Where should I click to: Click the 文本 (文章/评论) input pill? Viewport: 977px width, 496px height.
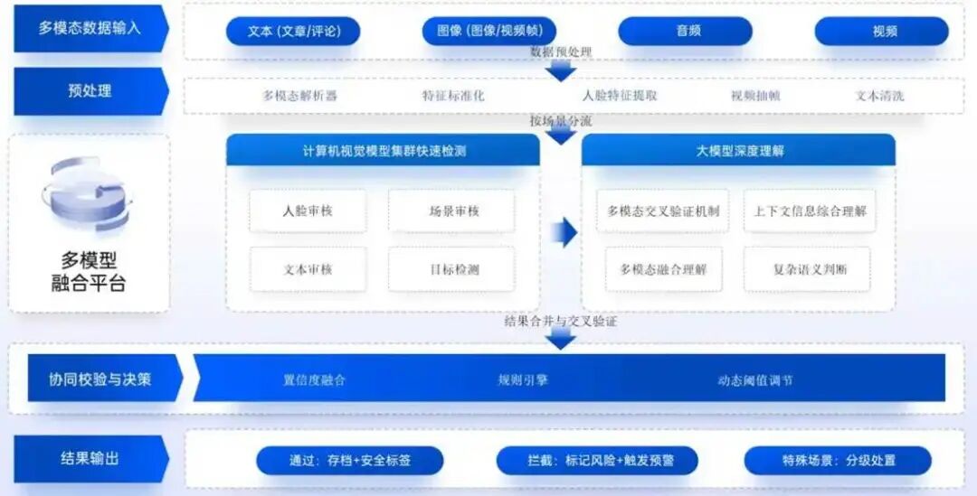(293, 32)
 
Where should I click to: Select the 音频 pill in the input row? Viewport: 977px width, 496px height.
(685, 32)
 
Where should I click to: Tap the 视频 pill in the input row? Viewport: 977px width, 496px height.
(881, 32)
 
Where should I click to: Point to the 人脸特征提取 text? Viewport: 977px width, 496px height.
(620, 96)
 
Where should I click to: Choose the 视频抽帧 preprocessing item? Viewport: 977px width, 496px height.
(754, 96)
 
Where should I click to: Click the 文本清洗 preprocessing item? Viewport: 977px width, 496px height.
(879, 96)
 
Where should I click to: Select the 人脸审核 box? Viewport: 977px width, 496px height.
(308, 211)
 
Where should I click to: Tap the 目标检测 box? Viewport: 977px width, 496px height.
(451, 269)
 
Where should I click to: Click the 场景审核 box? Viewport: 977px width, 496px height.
(451, 211)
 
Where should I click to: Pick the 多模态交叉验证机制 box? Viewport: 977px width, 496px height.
(663, 211)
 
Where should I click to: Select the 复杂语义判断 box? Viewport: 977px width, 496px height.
(807, 269)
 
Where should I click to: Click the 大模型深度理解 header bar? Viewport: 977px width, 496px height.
(738, 151)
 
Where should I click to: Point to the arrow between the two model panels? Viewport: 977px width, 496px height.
(564, 232)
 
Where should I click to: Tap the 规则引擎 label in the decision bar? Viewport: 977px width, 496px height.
(523, 380)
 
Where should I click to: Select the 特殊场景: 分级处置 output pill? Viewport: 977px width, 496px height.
(838, 461)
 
